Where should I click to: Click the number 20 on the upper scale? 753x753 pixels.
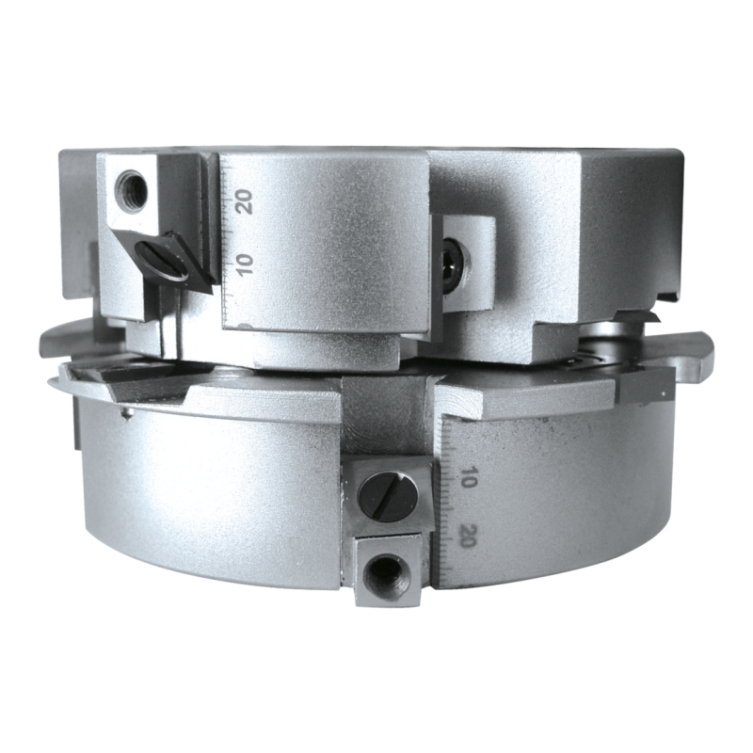coord(244,201)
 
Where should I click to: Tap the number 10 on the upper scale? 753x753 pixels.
coord(245,264)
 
